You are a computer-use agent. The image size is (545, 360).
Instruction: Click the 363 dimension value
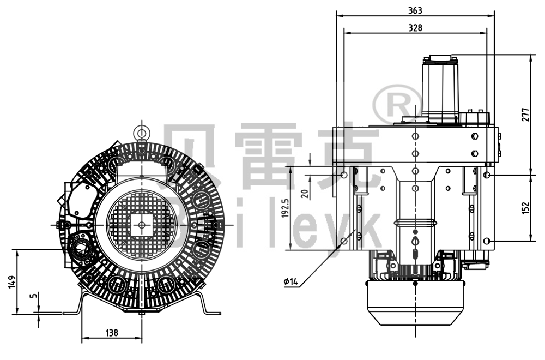click(x=415, y=10)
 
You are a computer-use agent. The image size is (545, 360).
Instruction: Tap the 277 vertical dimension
click(x=525, y=115)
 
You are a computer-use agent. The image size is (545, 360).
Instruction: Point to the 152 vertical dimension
click(x=525, y=208)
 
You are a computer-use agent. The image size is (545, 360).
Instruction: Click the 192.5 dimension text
click(x=284, y=208)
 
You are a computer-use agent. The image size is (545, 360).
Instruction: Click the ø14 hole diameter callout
click(x=291, y=282)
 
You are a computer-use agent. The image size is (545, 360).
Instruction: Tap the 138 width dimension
click(x=111, y=332)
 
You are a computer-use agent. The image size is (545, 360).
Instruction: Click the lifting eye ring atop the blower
click(x=142, y=131)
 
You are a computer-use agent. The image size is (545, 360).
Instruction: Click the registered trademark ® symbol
click(x=397, y=102)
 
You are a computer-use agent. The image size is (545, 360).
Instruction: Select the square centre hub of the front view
click(x=142, y=224)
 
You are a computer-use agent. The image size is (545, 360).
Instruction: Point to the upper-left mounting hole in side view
click(x=343, y=175)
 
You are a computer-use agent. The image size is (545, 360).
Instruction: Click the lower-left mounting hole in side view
click(x=343, y=241)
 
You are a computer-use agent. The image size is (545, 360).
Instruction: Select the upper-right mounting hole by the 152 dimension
click(x=487, y=175)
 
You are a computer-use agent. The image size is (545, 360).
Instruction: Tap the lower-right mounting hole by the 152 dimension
click(x=487, y=241)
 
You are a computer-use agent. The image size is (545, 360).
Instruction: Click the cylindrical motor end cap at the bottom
click(x=415, y=303)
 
